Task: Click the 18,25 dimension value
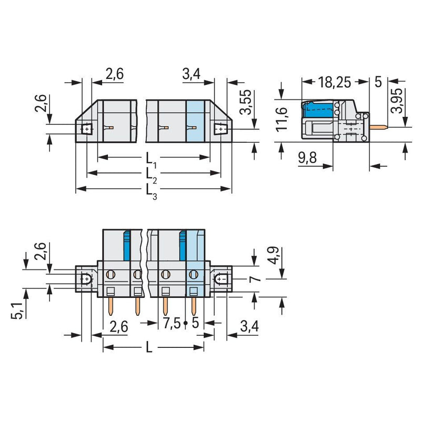(x=334, y=82)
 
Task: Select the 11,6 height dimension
(x=282, y=119)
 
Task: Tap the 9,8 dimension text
(x=307, y=157)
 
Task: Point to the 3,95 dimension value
(x=397, y=101)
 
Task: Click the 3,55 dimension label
(x=246, y=102)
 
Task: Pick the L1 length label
(x=151, y=159)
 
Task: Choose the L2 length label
(x=151, y=175)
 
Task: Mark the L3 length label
(x=151, y=191)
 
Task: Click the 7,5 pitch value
(x=172, y=323)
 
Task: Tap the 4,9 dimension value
(x=274, y=256)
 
